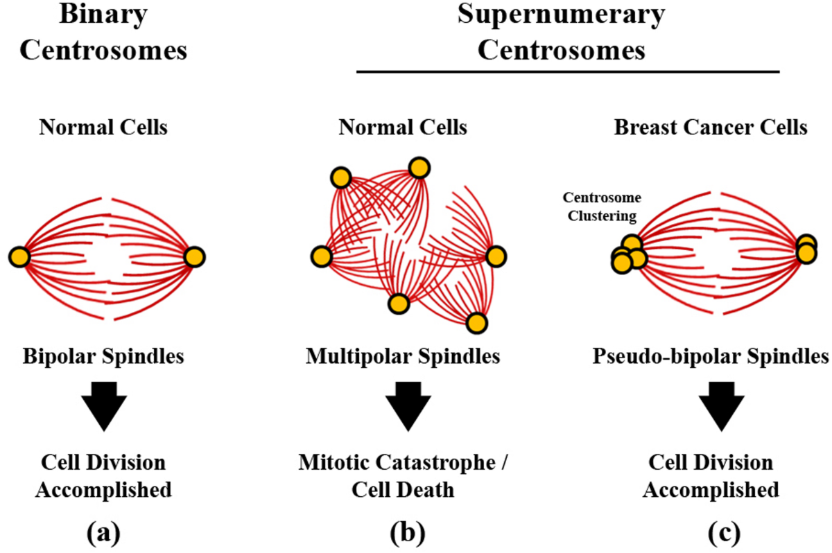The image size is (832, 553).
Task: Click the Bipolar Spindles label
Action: tap(103, 357)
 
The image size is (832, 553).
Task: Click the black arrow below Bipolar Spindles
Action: tap(103, 408)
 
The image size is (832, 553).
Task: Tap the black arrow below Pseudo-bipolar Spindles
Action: tap(721, 408)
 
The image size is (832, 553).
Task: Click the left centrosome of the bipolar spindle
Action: tap(19, 257)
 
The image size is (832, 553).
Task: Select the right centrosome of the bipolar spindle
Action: tap(194, 257)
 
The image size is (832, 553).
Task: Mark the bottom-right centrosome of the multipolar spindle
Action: tap(476, 323)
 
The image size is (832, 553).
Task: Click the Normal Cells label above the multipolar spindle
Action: tap(403, 128)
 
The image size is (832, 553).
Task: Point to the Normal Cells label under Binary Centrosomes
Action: tap(103, 128)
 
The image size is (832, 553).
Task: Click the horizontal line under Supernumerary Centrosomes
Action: tap(568, 71)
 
